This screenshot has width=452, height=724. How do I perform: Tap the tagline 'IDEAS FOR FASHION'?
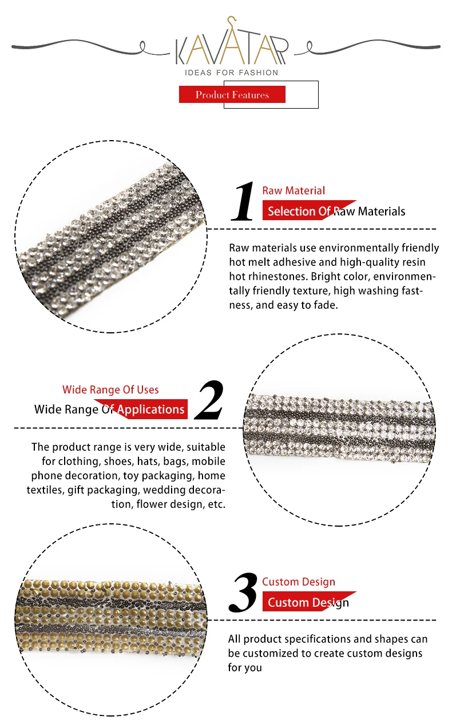[x=232, y=73]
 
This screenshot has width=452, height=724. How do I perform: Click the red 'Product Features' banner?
[x=232, y=94]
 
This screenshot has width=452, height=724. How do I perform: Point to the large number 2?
[x=209, y=400]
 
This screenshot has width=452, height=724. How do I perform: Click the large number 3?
[x=243, y=594]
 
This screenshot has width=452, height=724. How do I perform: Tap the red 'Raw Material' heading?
[x=294, y=190]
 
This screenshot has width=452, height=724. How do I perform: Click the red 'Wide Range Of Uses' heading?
[x=110, y=389]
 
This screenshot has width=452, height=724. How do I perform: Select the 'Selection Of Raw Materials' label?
[x=336, y=211]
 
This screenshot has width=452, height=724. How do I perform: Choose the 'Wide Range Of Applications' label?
[x=109, y=409]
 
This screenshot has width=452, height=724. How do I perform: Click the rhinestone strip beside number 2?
[x=339, y=428]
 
